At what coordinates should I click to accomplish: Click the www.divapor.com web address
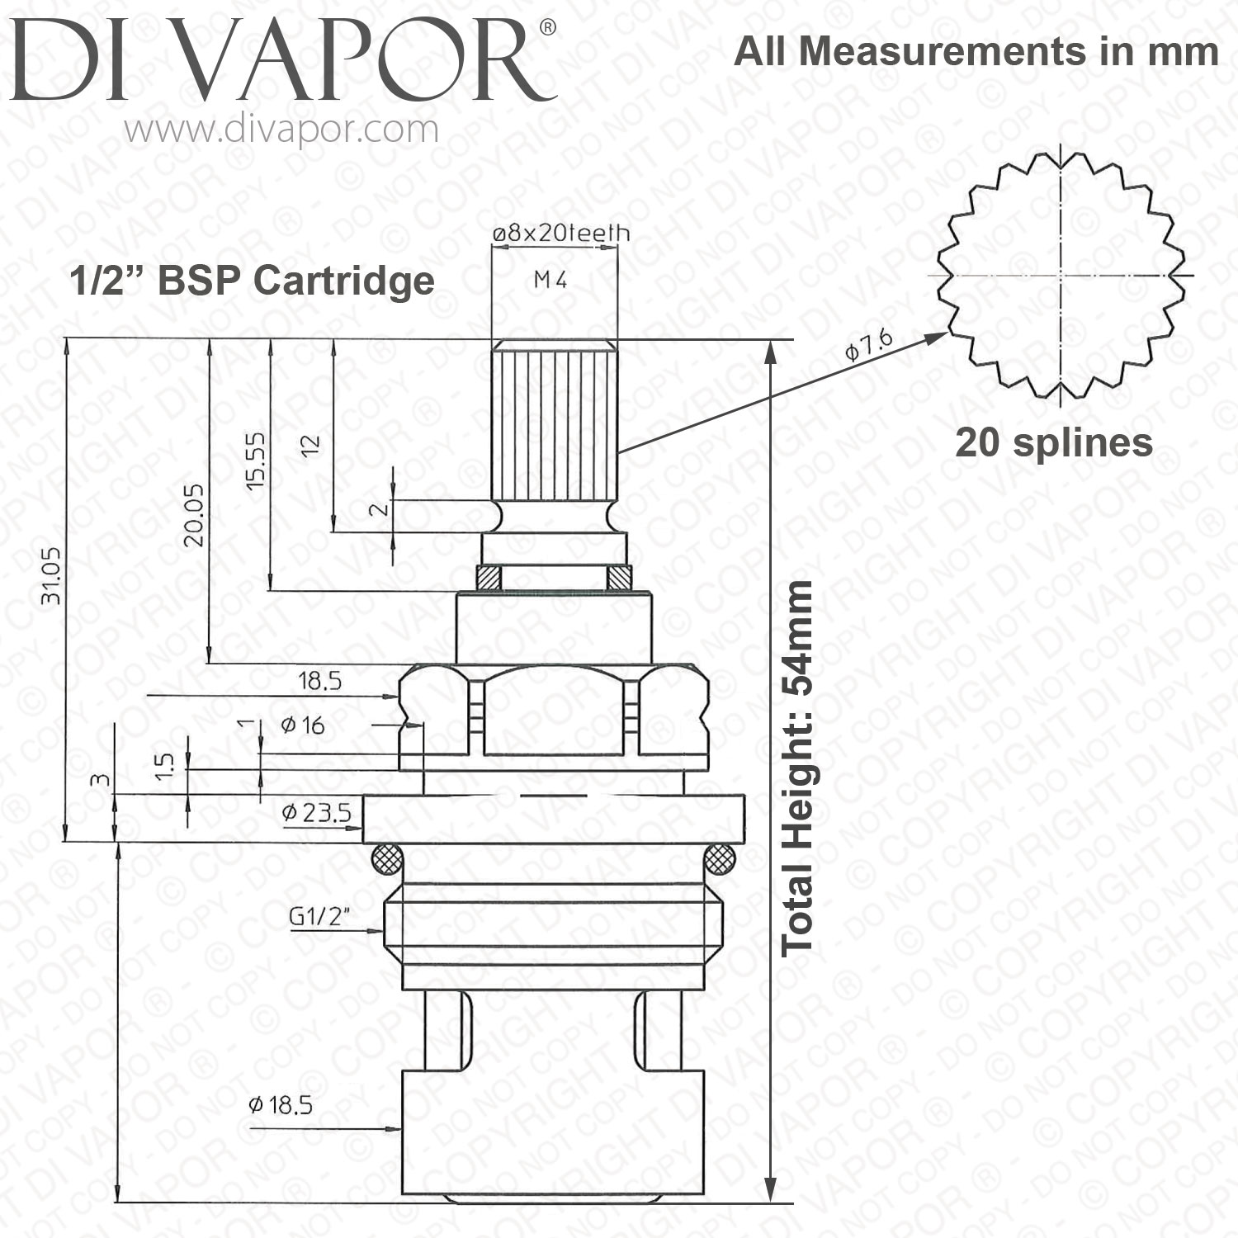pyautogui.click(x=282, y=130)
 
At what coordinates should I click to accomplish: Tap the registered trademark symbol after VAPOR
pyautogui.click(x=547, y=28)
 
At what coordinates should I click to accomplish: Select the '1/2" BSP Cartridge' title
pyautogui.click(x=252, y=281)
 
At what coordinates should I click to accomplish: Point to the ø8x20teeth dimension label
pyautogui.click(x=561, y=234)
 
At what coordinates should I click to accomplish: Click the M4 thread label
pyautogui.click(x=550, y=280)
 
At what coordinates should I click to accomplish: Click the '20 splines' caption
pyautogui.click(x=1054, y=442)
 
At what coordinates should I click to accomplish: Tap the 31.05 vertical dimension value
pyautogui.click(x=51, y=575)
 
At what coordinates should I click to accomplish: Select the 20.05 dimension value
pyautogui.click(x=194, y=514)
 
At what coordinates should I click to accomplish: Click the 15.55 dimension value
pyautogui.click(x=256, y=461)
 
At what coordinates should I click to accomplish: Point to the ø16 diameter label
pyautogui.click(x=302, y=725)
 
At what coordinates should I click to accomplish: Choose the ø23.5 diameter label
pyautogui.click(x=316, y=813)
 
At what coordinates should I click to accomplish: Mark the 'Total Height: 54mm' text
pyautogui.click(x=798, y=768)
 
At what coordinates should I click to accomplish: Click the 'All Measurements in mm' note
pyautogui.click(x=976, y=51)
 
